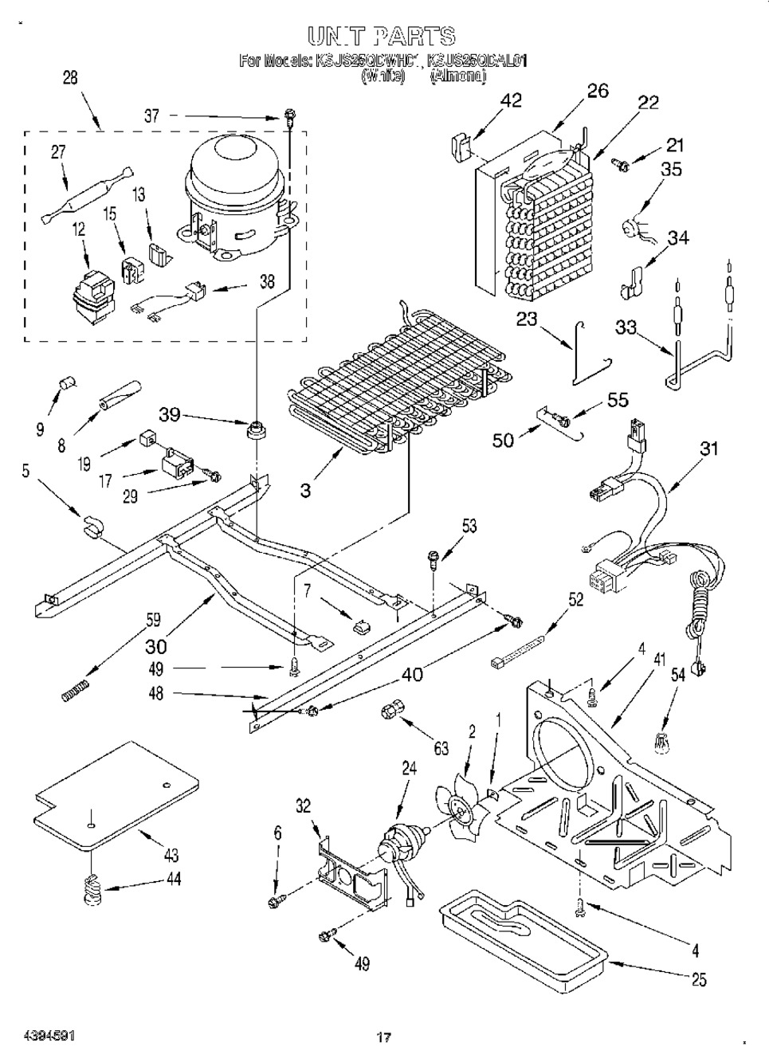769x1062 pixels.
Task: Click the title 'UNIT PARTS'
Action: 380,36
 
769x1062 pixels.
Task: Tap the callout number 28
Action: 70,78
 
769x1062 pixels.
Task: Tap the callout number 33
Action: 626,327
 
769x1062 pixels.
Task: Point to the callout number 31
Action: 708,449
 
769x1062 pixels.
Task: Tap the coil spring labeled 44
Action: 94,888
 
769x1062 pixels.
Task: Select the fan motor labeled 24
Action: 399,845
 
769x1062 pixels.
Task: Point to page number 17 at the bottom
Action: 383,1037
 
